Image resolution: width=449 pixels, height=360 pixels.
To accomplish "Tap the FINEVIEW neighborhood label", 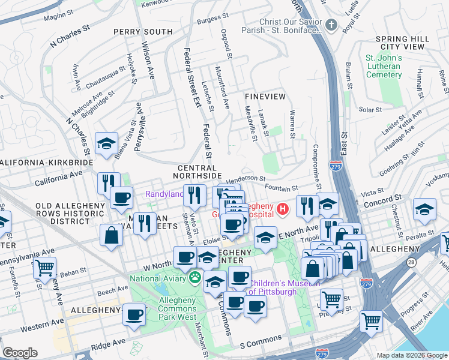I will click(x=265, y=96).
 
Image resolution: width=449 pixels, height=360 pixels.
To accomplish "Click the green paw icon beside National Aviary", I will click(x=195, y=278).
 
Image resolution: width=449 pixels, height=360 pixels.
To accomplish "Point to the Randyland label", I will click(x=164, y=194).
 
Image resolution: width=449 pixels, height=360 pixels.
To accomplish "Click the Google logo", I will click(x=19, y=353).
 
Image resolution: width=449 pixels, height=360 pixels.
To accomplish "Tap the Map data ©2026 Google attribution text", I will click(x=411, y=355).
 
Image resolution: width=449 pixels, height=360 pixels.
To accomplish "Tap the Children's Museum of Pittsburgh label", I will click(x=273, y=287).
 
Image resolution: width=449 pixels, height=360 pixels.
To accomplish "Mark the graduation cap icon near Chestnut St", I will click(x=424, y=209).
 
